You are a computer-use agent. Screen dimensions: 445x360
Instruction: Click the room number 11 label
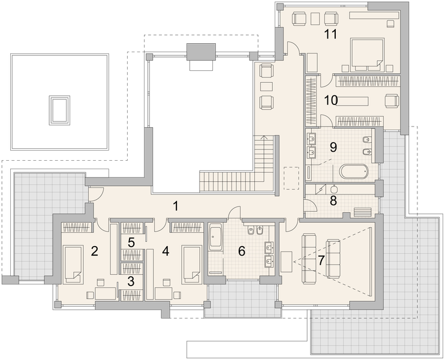click(x=330, y=34)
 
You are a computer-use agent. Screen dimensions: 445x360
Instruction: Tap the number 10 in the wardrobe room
click(x=331, y=100)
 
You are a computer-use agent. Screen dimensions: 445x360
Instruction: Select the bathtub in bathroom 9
click(x=354, y=171)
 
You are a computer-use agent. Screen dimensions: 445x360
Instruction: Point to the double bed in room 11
click(x=368, y=55)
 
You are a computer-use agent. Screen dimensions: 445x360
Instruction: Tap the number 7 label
click(x=321, y=260)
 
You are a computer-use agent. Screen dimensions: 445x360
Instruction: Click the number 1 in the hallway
click(x=176, y=206)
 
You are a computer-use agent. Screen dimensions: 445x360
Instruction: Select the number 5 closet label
click(x=131, y=242)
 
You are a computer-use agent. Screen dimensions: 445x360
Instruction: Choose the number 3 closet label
click(x=131, y=281)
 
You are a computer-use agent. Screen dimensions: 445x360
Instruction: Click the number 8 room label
click(x=333, y=200)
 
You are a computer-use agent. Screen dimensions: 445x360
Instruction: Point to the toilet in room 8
click(x=334, y=188)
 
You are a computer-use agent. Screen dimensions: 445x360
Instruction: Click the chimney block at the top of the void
click(x=202, y=52)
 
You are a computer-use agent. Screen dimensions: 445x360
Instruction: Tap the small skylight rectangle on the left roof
click(x=59, y=110)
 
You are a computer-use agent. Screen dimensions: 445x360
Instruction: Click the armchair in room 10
click(x=392, y=101)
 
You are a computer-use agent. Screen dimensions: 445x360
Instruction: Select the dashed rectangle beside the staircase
click(x=291, y=178)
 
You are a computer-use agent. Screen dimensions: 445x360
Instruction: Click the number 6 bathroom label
click(x=242, y=251)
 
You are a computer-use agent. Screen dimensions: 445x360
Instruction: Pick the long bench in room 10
click(x=353, y=101)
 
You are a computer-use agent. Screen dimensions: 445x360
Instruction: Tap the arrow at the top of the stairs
click(x=264, y=137)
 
